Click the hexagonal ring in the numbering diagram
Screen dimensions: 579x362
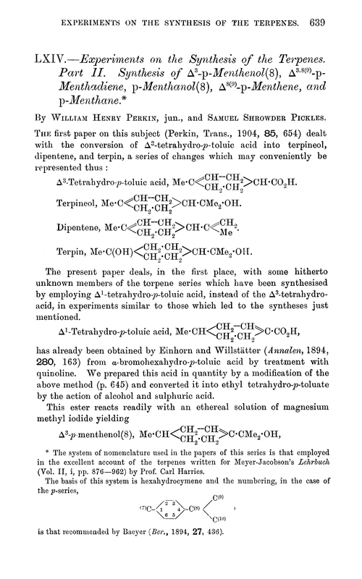click(x=164, y=531)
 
